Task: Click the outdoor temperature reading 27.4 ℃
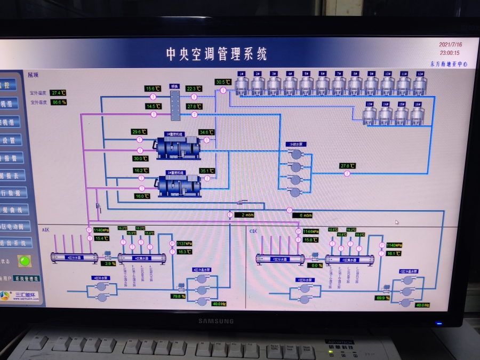coord(58,93)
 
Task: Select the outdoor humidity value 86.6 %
coord(59,102)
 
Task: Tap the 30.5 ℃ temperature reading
coord(223,82)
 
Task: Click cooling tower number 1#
coord(242,84)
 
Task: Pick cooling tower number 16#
coord(418,115)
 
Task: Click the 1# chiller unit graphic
coord(177,148)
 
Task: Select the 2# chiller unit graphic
coord(178,185)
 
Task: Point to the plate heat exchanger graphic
coord(174,102)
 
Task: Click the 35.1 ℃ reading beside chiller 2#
coord(207,171)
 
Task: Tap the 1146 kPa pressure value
coord(101,230)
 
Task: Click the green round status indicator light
coord(24,261)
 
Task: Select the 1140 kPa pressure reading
coord(395,245)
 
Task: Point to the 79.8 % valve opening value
coord(178,296)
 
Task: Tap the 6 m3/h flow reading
coord(305,215)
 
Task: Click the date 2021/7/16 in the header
coord(450,45)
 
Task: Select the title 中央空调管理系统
coord(217,54)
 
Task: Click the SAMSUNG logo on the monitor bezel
coord(216,321)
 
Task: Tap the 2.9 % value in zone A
coord(109,263)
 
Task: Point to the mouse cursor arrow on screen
coord(396,222)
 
